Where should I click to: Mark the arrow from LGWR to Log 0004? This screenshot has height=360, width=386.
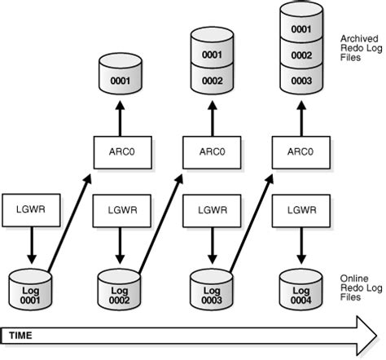(x=300, y=240)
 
